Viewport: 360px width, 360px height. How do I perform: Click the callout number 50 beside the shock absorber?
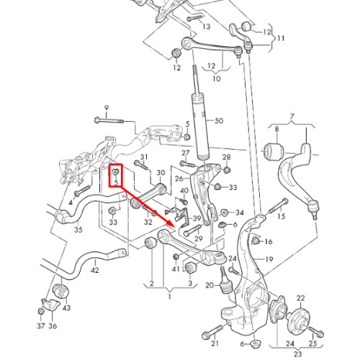point(219,121)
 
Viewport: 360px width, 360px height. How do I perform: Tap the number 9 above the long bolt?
point(106,108)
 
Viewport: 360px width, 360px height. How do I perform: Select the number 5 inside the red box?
point(116,182)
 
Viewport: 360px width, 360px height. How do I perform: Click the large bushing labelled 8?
point(274,151)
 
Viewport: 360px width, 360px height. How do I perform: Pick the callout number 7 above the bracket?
point(292,117)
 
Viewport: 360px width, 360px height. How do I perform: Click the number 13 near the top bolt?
point(207,26)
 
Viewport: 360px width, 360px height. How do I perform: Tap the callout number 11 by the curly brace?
point(281,38)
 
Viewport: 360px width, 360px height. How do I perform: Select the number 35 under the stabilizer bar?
point(78,230)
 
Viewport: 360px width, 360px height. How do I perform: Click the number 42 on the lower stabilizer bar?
point(95,270)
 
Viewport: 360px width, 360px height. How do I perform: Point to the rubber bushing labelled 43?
point(60,291)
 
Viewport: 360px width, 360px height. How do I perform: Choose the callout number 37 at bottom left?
point(41,326)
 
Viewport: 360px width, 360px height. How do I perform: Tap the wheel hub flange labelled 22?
point(297,318)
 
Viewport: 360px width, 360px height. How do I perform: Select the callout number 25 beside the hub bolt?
point(312,343)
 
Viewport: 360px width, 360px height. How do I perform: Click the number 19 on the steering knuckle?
point(269,259)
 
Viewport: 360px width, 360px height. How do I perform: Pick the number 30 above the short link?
point(161,173)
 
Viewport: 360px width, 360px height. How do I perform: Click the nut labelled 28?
point(227,170)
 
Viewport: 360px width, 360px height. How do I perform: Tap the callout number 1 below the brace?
point(169,297)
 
